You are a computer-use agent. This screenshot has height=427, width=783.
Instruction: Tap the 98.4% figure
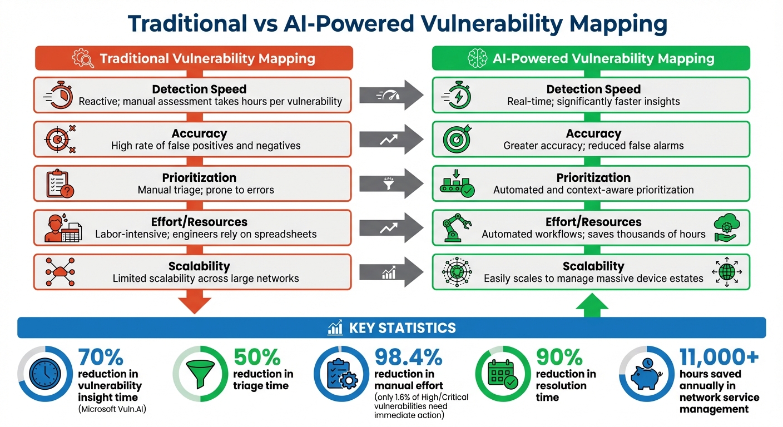coord(408,357)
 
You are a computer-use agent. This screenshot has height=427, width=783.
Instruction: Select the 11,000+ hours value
coord(720,357)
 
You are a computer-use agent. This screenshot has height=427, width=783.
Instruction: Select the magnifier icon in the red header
coord(84,58)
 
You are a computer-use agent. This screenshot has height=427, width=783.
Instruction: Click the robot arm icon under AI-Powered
coord(456,227)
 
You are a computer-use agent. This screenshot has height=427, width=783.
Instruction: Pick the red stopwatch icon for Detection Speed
coord(57,95)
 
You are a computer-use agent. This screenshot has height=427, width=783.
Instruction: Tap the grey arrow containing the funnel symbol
coord(391,183)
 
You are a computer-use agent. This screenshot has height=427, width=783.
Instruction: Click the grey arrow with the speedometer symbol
coord(391,95)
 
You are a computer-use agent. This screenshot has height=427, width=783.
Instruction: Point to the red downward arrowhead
coord(194,304)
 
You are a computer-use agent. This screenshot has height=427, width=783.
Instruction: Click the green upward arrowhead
coord(591,304)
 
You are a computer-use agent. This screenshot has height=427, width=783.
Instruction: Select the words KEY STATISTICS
coord(402,328)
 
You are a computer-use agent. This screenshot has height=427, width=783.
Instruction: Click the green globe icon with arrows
coord(726,272)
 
